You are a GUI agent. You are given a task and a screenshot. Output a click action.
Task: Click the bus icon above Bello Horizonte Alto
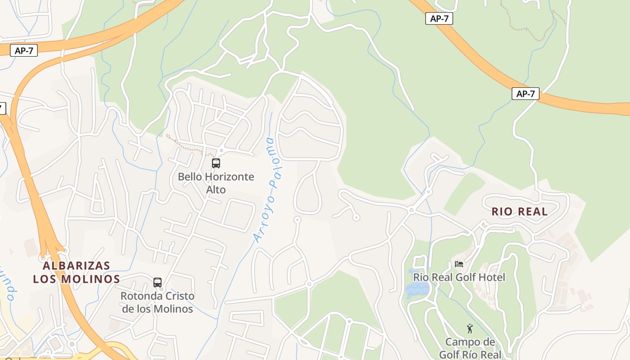(216, 163)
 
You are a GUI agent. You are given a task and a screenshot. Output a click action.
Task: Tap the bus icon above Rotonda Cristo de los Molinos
(157, 283)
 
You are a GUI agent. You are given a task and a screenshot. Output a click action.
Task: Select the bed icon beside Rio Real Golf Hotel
(459, 264)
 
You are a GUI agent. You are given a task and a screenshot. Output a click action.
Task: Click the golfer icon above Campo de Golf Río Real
(470, 328)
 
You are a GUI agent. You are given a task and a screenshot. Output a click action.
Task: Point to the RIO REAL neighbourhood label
(519, 211)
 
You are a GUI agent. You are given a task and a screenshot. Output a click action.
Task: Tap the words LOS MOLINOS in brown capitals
(76, 279)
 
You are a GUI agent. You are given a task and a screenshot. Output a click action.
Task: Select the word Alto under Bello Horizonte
(216, 190)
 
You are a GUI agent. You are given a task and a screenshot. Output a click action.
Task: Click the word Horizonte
(229, 177)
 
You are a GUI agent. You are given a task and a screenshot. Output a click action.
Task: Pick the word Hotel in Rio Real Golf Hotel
(492, 277)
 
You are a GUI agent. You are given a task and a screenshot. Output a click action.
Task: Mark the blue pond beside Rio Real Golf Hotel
(415, 285)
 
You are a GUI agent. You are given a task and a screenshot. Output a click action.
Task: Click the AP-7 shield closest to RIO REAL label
(525, 94)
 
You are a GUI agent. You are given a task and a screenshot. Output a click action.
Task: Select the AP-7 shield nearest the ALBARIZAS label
(24, 50)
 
